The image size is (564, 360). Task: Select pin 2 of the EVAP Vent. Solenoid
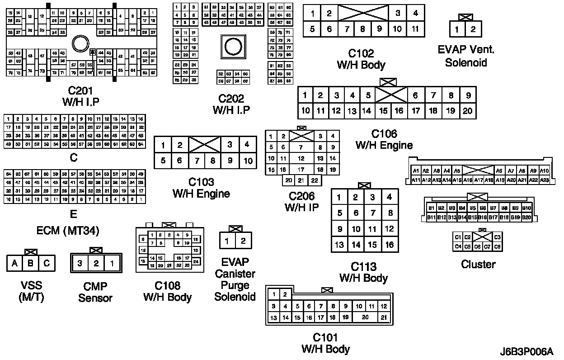(x=473, y=30)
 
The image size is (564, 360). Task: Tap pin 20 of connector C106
(x=468, y=110)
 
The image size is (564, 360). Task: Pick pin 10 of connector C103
(x=247, y=160)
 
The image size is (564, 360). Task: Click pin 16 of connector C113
(x=389, y=245)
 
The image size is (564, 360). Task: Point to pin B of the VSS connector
(x=31, y=263)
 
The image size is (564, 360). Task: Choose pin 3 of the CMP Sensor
(x=80, y=263)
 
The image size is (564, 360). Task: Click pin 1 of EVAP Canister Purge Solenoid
(x=227, y=241)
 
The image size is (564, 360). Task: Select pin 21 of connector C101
(x=383, y=317)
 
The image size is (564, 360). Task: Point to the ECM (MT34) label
(x=68, y=231)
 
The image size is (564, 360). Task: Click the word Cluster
(x=478, y=264)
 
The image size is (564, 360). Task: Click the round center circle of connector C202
(x=233, y=47)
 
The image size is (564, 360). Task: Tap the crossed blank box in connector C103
(x=204, y=145)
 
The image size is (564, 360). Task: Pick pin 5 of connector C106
(x=368, y=95)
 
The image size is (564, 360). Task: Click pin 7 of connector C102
(x=346, y=29)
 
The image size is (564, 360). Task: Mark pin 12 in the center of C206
(x=301, y=159)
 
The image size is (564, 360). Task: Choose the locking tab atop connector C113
(x=364, y=185)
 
